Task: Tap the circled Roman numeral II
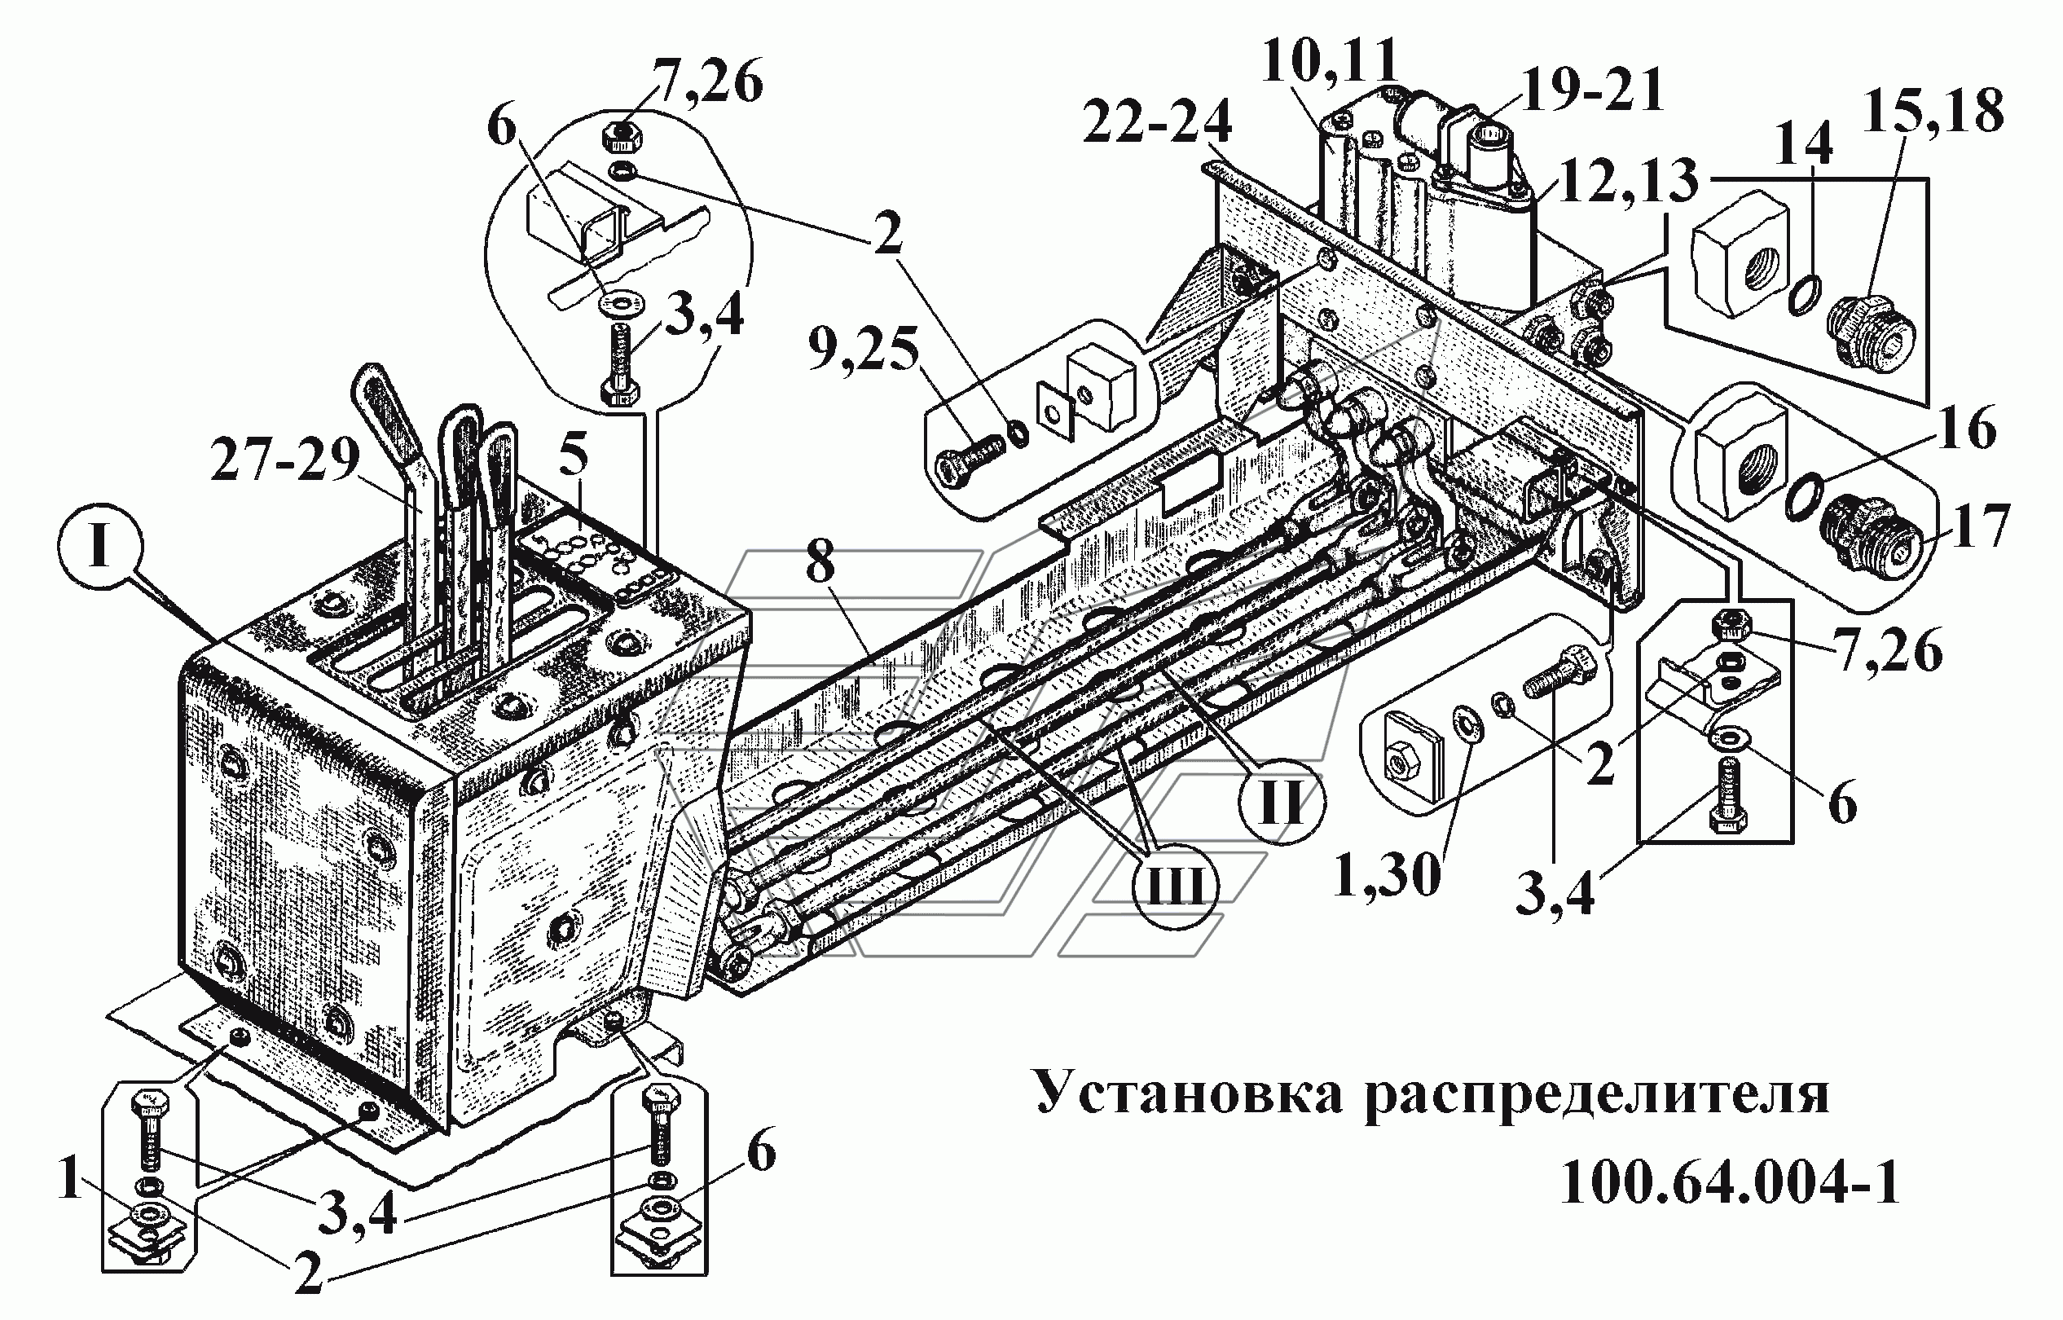1282,803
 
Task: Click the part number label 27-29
284,462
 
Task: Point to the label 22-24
1156,122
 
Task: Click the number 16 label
1968,428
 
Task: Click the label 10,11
1331,62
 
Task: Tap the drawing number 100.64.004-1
1730,1183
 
